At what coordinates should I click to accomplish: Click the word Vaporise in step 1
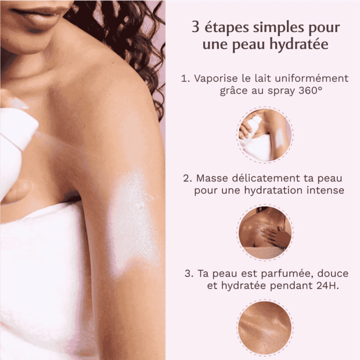point(215,78)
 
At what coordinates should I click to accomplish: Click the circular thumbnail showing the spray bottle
point(265,135)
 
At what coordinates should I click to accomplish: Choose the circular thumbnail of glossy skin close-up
point(265,327)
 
